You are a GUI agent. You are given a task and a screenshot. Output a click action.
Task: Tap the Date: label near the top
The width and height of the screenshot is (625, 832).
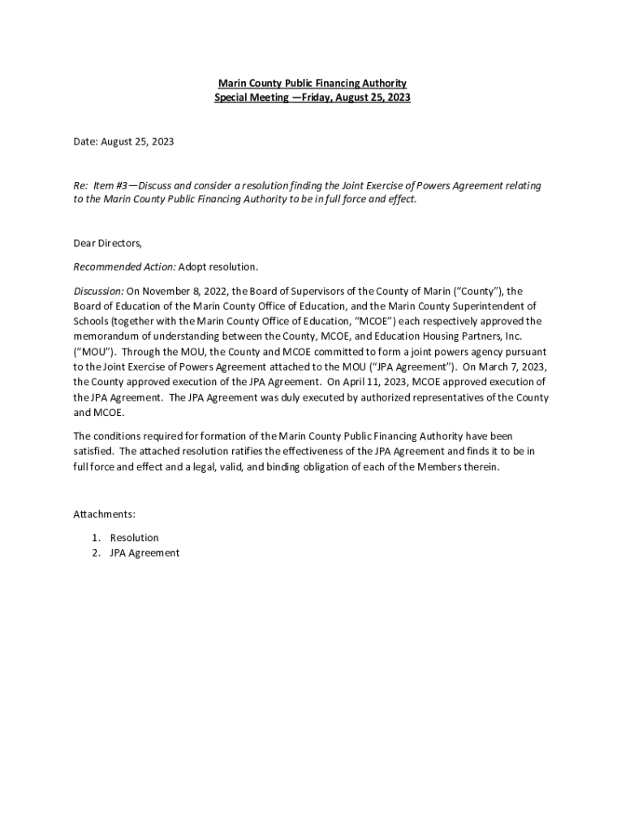tap(85, 141)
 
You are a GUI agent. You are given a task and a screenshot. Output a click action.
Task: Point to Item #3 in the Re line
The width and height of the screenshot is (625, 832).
tap(110, 186)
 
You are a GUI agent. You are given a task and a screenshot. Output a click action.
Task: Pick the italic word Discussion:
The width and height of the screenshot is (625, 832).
tap(99, 290)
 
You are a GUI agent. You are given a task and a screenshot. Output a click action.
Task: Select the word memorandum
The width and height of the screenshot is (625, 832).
tap(106, 336)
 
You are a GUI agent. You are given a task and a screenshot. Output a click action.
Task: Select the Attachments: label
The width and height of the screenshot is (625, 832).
tap(104, 514)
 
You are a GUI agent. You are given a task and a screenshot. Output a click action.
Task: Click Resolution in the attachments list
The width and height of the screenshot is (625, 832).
tap(135, 538)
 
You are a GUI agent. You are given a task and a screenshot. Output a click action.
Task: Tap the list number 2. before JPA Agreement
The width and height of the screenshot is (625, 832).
tap(96, 553)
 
